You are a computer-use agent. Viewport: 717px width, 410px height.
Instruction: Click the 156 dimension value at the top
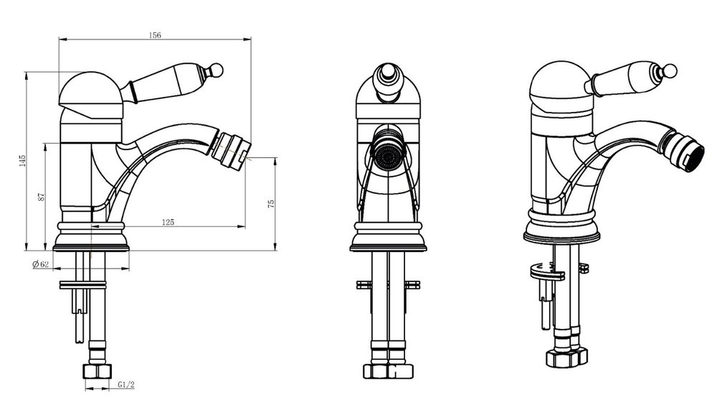(x=155, y=35)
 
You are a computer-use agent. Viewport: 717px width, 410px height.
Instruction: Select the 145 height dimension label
(x=22, y=161)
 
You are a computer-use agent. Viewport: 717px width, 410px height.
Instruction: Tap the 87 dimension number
(x=42, y=197)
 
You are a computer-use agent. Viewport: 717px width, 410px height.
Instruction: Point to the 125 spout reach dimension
(x=168, y=222)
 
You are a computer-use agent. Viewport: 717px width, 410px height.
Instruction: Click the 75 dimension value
(x=271, y=203)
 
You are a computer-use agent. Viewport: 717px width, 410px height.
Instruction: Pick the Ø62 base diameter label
(x=41, y=264)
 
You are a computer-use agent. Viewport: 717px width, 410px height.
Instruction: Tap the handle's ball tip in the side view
(x=217, y=70)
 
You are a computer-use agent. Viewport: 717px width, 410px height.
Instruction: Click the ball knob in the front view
(x=387, y=74)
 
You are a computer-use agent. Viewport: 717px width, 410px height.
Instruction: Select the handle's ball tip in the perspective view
(x=670, y=70)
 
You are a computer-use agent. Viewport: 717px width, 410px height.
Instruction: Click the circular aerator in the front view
(x=388, y=156)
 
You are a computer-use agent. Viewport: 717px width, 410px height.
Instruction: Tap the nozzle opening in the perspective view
(x=693, y=158)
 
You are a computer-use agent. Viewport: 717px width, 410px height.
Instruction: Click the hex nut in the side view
(x=98, y=371)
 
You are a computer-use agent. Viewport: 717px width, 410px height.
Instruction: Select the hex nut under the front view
(x=388, y=371)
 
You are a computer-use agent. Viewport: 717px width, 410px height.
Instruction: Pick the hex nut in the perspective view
(x=566, y=356)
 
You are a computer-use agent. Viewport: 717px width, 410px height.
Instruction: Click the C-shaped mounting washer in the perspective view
(x=547, y=271)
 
